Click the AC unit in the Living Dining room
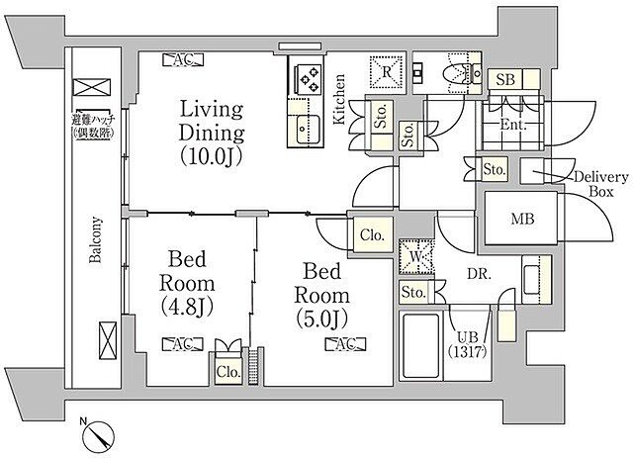183,59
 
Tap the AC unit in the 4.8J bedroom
182,344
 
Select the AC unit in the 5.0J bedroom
345,344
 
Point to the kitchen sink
308,129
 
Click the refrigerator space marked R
387,72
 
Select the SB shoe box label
505,79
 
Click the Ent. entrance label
513,125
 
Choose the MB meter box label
523,219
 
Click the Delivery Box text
601,184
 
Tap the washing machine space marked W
416,256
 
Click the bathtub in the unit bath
421,345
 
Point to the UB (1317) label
468,344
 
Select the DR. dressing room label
479,275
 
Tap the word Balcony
96,240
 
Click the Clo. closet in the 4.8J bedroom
228,372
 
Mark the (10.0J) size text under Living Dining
212,156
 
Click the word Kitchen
339,99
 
